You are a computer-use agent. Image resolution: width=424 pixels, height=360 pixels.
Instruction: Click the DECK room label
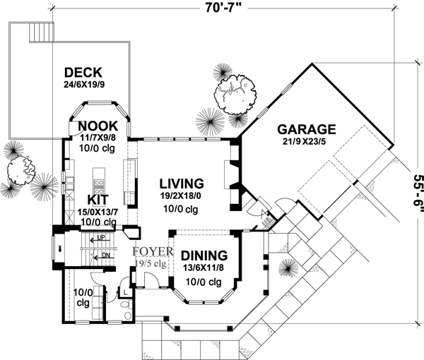click(x=83, y=72)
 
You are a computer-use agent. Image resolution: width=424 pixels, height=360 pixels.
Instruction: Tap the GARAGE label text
click(x=306, y=129)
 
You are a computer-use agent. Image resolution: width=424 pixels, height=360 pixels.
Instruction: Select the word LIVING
click(x=181, y=182)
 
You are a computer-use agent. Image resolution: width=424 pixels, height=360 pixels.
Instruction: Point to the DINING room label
click(x=204, y=256)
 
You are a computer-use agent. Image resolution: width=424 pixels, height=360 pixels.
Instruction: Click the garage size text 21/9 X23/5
click(x=306, y=143)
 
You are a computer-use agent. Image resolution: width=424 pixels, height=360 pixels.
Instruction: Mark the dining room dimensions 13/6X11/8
click(x=204, y=268)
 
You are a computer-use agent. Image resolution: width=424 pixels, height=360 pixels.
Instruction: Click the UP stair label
click(x=102, y=238)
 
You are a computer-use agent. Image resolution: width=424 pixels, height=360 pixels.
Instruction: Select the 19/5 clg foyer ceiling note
click(x=150, y=264)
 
